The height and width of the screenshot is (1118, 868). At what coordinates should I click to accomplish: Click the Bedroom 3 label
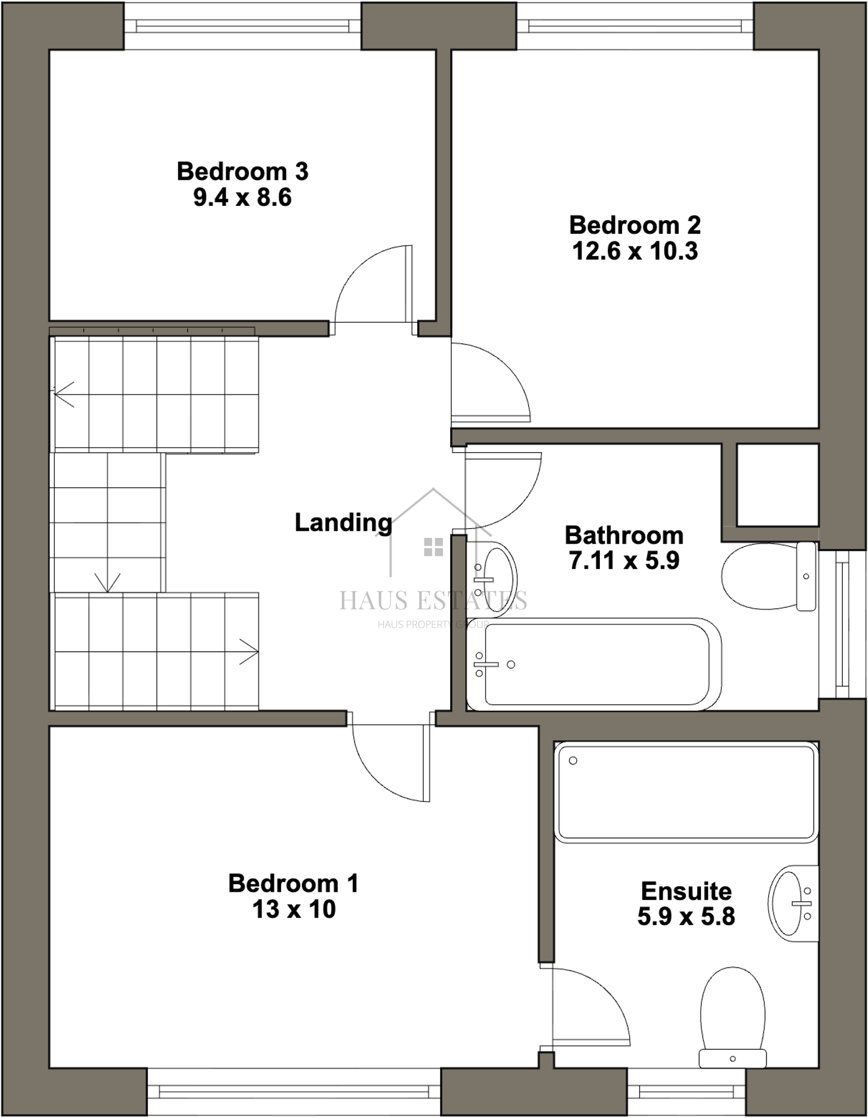coord(242,172)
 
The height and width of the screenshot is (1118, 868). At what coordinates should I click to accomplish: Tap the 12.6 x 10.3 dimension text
coord(635,251)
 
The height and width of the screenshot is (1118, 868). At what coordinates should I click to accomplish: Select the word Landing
coord(343,522)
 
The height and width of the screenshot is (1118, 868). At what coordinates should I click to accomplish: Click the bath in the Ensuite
coord(685,791)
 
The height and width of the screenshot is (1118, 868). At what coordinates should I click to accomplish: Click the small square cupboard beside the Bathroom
coord(777,485)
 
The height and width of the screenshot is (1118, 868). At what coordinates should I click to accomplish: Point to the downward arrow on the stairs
coord(107,582)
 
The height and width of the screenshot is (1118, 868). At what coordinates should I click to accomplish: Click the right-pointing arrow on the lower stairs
coord(249,651)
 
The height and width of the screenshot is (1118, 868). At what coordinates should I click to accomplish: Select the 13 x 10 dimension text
coord(294,910)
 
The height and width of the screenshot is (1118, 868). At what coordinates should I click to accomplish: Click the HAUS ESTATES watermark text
coord(433,600)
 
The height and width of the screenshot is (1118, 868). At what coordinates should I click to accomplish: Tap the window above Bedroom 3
coord(242,26)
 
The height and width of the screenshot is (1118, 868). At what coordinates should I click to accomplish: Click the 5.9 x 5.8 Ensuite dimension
coord(686,916)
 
